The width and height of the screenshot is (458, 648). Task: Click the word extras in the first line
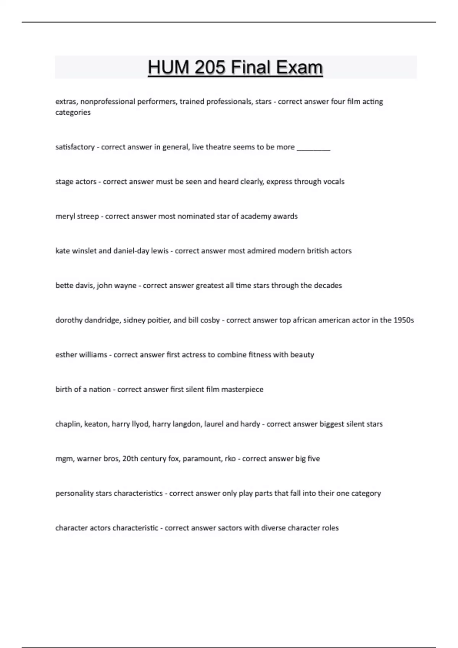pos(66,102)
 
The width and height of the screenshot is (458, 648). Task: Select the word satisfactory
pos(75,147)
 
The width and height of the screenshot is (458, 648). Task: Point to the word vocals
pos(333,181)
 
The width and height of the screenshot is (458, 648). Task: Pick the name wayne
pos(125,286)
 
